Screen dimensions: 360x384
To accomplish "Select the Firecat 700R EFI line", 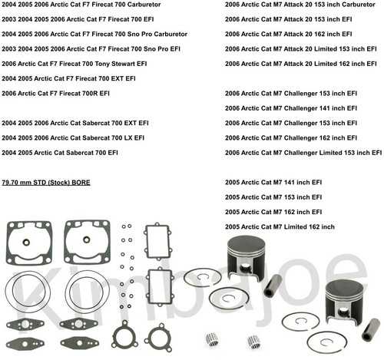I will click(57, 93).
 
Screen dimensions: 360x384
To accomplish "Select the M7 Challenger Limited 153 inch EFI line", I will click(303, 152).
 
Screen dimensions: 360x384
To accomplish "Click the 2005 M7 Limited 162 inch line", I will click(280, 226).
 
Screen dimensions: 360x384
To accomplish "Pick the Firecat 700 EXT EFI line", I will click(69, 78).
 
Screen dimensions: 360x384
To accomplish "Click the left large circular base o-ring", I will click(25, 292).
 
